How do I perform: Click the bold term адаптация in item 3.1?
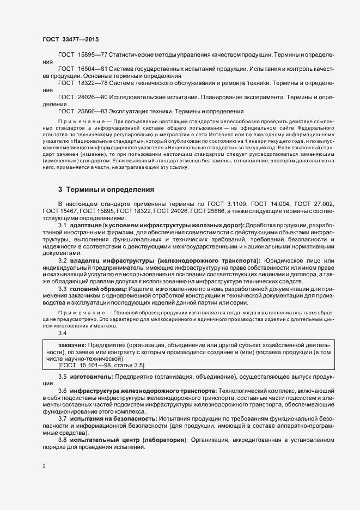click(x=87, y=225)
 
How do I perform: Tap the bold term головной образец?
click(x=98, y=288)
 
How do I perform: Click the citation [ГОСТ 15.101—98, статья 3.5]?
click(x=94, y=366)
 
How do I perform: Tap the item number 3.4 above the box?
click(x=62, y=333)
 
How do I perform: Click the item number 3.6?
click(x=62, y=391)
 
